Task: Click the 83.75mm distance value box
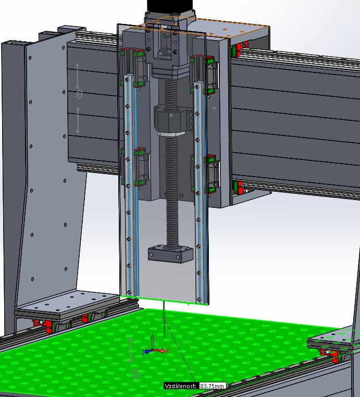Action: point(212,386)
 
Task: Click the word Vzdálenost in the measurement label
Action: point(180,386)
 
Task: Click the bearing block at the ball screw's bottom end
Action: point(170,254)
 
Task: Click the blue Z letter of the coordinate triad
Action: point(143,352)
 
